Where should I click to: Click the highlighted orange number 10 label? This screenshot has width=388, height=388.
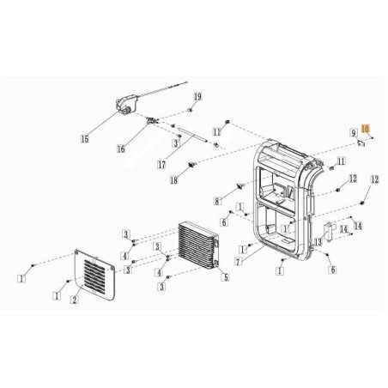coord(366,129)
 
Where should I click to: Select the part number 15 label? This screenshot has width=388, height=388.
coord(83,137)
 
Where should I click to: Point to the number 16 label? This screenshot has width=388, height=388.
coord(120,148)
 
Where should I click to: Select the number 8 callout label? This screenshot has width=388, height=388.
coord(217,201)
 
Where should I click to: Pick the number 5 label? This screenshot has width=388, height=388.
coord(225,276)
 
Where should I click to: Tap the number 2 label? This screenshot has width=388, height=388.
coord(74,299)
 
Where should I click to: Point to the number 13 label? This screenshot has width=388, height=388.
coord(317,243)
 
